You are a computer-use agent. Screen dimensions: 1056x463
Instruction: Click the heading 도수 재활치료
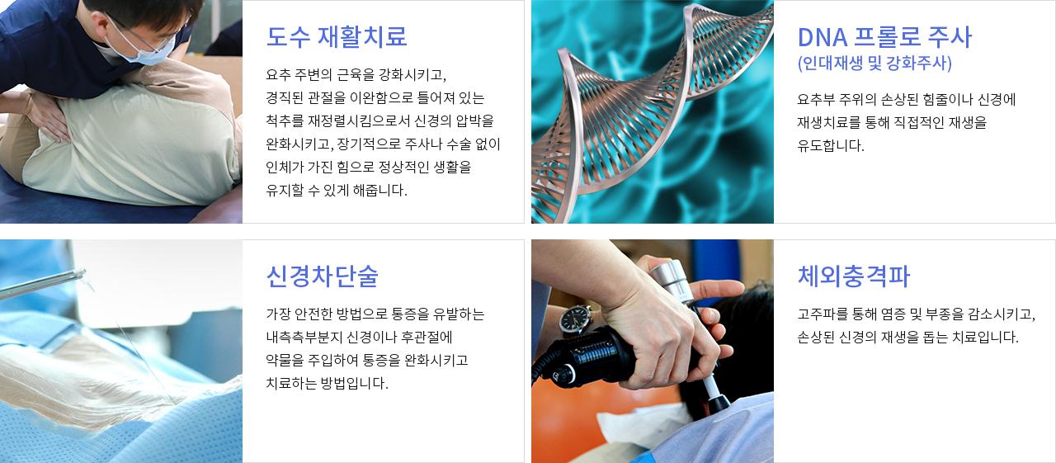click(x=336, y=37)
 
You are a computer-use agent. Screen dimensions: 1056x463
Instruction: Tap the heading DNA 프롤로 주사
click(x=884, y=37)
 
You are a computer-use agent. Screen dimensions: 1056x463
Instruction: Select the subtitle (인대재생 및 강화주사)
click(x=874, y=64)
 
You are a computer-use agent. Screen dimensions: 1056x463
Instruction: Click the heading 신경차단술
click(x=322, y=276)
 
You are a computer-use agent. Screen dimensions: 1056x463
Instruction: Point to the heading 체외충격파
click(x=853, y=276)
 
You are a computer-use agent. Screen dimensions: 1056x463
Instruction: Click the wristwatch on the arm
click(x=575, y=319)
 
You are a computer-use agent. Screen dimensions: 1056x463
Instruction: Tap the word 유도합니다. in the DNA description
click(x=831, y=145)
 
